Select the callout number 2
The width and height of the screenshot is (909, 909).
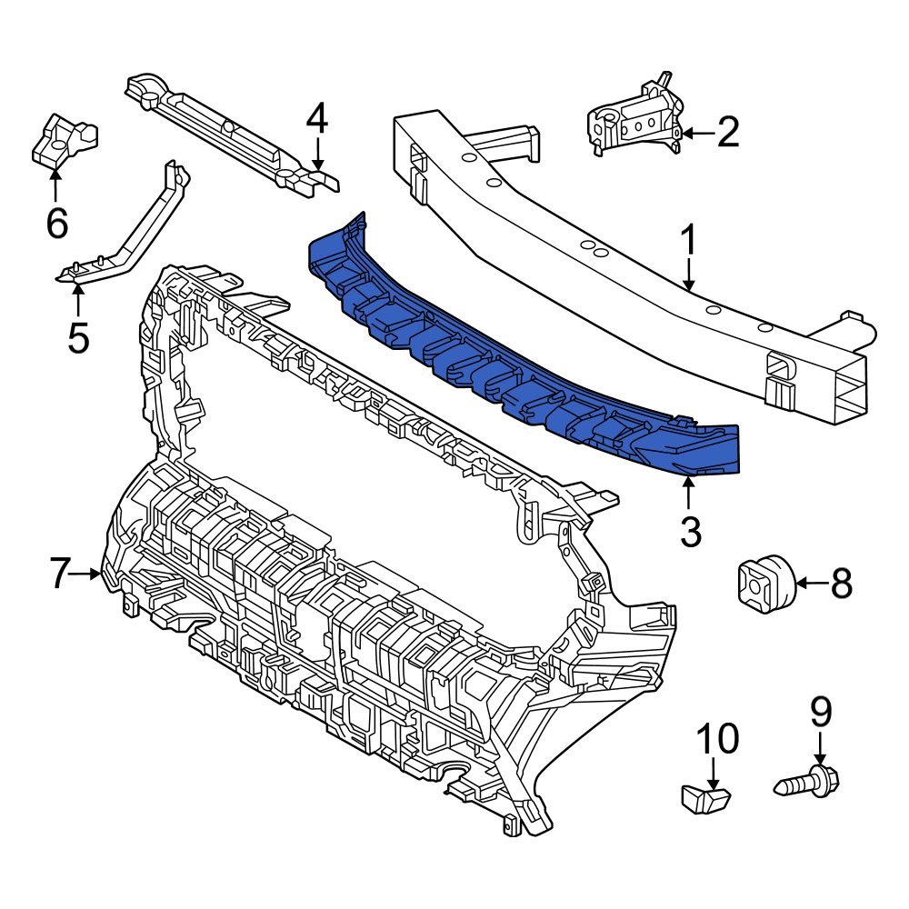(728, 133)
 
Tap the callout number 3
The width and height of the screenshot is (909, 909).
(691, 532)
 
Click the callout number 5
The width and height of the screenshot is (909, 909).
(78, 337)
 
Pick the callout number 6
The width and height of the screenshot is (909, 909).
(56, 222)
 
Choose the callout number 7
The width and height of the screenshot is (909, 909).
(59, 574)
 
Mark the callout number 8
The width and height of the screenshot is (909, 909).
(841, 584)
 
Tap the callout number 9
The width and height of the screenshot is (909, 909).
(821, 712)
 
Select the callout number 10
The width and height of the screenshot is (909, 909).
(718, 740)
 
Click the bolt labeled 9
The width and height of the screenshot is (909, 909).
(809, 781)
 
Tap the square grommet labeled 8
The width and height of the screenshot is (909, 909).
(764, 582)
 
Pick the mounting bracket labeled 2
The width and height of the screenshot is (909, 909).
(636, 118)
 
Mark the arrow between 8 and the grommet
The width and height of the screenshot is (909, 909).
(811, 584)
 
